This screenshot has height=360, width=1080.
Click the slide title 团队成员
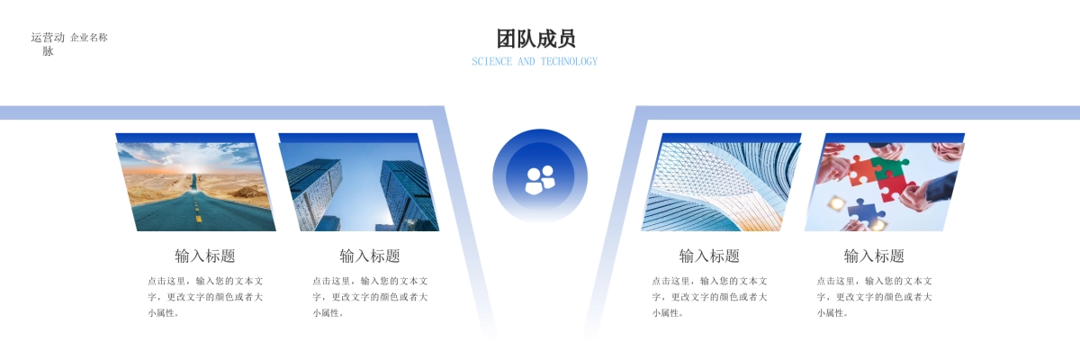[536, 39]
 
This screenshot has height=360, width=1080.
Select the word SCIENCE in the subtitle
[491, 62]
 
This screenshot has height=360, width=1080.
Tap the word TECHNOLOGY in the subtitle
[569, 62]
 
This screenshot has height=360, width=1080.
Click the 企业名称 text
[89, 38]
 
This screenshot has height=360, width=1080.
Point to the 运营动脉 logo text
[48, 44]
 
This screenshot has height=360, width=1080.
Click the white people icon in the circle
[540, 180]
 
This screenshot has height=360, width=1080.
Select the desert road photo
[195, 186]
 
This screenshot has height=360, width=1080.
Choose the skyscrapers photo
[359, 186]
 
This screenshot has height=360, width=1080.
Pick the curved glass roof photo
[721, 186]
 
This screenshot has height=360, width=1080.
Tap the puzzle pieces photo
[884, 186]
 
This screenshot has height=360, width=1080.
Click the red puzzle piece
[860, 169]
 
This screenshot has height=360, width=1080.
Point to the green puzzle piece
[889, 168]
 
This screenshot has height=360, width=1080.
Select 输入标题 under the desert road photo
[205, 256]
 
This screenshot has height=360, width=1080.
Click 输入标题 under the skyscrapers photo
[370, 256]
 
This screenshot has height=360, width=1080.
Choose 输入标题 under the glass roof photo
[709, 256]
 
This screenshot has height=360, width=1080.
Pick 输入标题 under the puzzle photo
[874, 256]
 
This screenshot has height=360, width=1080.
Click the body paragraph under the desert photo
[205, 297]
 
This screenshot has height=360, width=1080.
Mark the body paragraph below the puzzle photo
[875, 297]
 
